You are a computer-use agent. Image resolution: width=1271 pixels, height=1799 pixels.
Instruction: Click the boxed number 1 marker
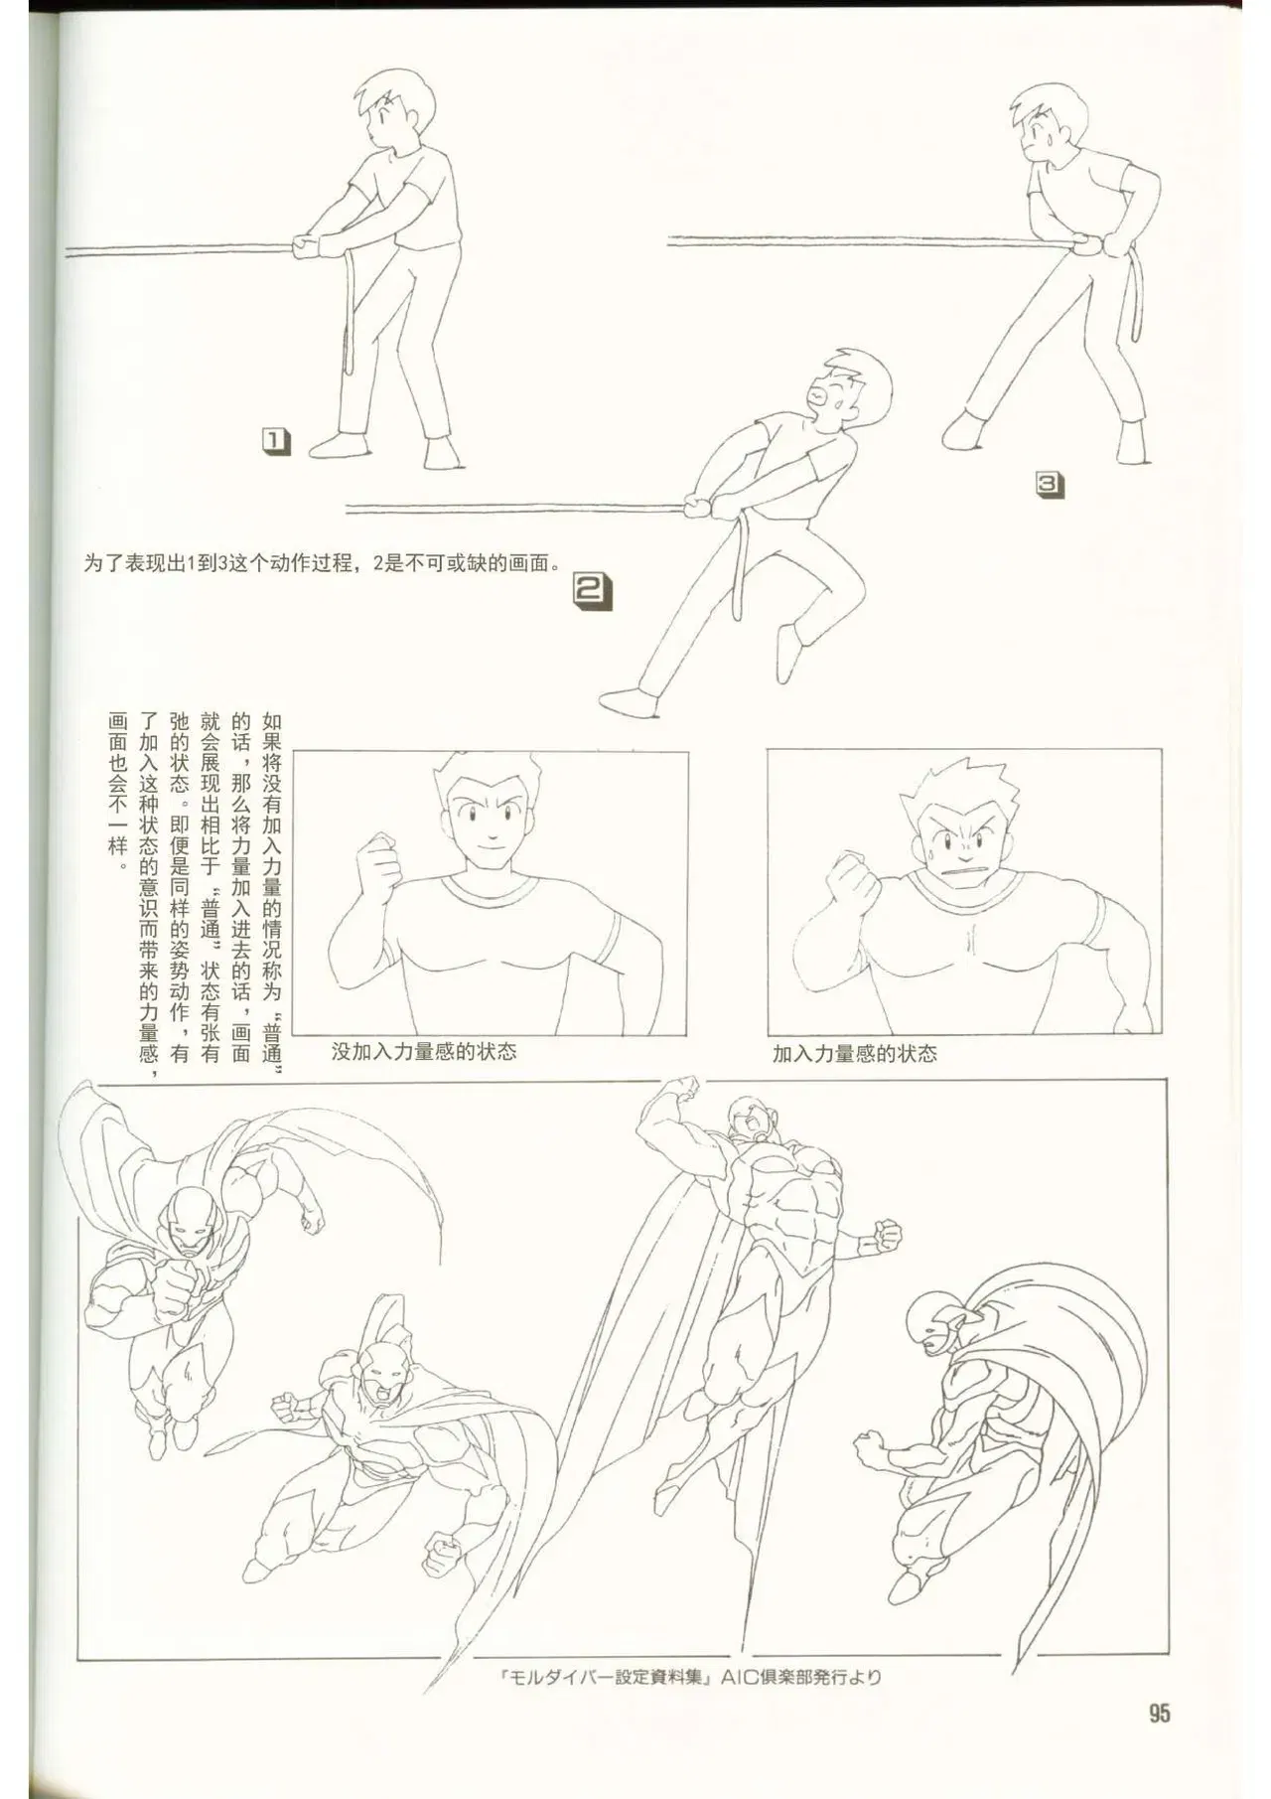coord(275,442)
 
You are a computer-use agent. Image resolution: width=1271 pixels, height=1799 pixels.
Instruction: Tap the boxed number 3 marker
coord(1051,484)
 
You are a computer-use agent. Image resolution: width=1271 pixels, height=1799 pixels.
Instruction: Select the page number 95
coord(1159,1713)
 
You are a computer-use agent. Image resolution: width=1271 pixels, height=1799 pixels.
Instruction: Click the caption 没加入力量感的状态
coord(424,1052)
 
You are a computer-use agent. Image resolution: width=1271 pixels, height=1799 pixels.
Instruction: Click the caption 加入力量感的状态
coord(855,1054)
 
